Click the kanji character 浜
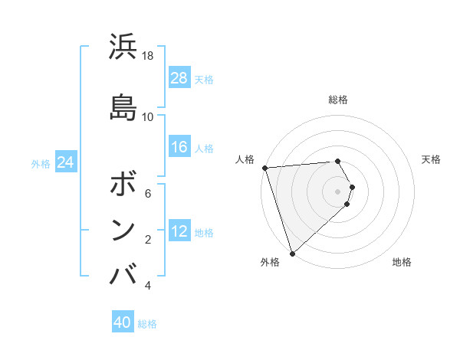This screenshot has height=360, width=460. point(123,48)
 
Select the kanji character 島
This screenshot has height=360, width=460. point(123,106)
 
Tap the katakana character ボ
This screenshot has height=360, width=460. point(123,185)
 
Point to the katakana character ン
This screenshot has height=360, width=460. point(123,229)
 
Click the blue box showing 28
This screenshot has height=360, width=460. point(179,78)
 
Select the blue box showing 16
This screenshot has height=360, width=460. point(179,147)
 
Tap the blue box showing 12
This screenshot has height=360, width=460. point(179,231)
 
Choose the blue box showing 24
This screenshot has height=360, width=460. point(65,162)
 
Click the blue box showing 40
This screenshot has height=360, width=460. point(123,322)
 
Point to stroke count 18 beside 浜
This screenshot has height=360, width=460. point(148,56)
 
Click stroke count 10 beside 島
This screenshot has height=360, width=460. point(148,116)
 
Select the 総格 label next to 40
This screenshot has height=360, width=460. point(147,324)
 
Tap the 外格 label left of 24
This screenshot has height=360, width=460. point(41,163)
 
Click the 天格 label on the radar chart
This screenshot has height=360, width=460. point(431,159)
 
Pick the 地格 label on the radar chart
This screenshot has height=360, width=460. point(402,262)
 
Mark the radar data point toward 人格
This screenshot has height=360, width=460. point(264,168)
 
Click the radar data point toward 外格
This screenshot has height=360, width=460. point(292,254)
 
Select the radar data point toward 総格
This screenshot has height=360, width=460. point(337,161)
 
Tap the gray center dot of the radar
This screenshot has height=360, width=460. point(337,191)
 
